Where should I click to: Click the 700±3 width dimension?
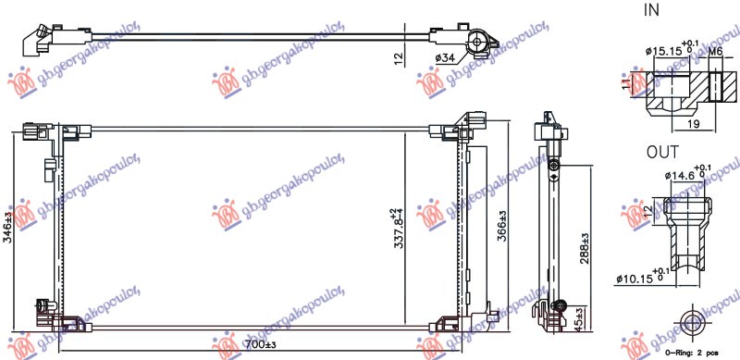click(262, 345)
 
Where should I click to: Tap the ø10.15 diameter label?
click(637, 276)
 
